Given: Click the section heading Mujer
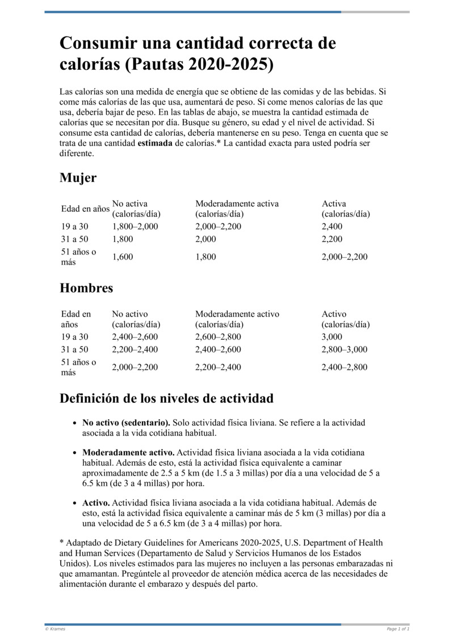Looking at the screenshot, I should (x=78, y=178).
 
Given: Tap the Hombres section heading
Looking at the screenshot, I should (x=86, y=288).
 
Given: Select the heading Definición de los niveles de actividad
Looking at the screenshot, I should (x=166, y=398).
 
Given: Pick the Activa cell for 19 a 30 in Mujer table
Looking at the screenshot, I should (x=332, y=227).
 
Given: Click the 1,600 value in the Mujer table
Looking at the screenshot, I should (x=123, y=257).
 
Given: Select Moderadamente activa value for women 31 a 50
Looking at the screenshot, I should (x=205, y=239).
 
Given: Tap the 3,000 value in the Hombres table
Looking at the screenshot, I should (x=332, y=337).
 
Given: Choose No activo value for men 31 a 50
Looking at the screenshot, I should (x=135, y=349).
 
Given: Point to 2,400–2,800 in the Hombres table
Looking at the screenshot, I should (x=344, y=367).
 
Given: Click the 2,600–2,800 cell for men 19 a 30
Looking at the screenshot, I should (x=218, y=337).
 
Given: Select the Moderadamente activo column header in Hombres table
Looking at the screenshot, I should (x=237, y=314).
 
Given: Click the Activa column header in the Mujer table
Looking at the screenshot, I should (x=334, y=203).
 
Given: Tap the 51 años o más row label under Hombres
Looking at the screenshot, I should (x=79, y=367).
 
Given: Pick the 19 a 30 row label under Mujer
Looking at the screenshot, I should (x=75, y=227).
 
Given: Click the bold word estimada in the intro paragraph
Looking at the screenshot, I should (x=154, y=143).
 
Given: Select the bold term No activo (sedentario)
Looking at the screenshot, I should (x=126, y=423).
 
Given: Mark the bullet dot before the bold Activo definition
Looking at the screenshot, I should (x=75, y=503).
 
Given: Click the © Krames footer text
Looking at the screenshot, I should (x=55, y=629).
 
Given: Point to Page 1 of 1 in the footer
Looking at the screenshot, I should (x=398, y=629).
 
